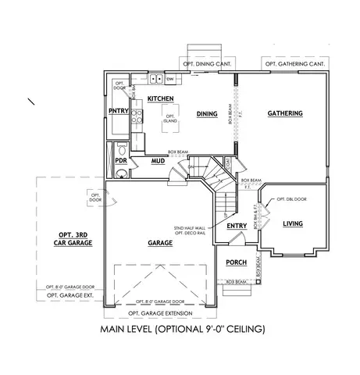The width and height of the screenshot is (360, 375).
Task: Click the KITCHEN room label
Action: (160, 99)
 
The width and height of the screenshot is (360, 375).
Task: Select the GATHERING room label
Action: (284, 114)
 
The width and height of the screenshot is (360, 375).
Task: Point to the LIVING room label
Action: (293, 224)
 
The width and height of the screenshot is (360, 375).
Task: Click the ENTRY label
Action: (237, 227)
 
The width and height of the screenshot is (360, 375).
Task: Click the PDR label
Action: (121, 160)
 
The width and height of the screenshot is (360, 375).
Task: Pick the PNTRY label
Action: (118, 110)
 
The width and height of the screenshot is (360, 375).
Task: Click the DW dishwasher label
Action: (170, 79)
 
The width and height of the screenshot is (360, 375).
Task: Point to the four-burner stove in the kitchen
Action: (137, 116)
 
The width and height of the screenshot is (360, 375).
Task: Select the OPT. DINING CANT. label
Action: (209, 63)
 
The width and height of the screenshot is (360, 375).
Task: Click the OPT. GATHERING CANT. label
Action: (295, 63)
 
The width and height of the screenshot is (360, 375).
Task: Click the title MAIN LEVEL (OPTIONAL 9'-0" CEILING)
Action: (183, 329)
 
